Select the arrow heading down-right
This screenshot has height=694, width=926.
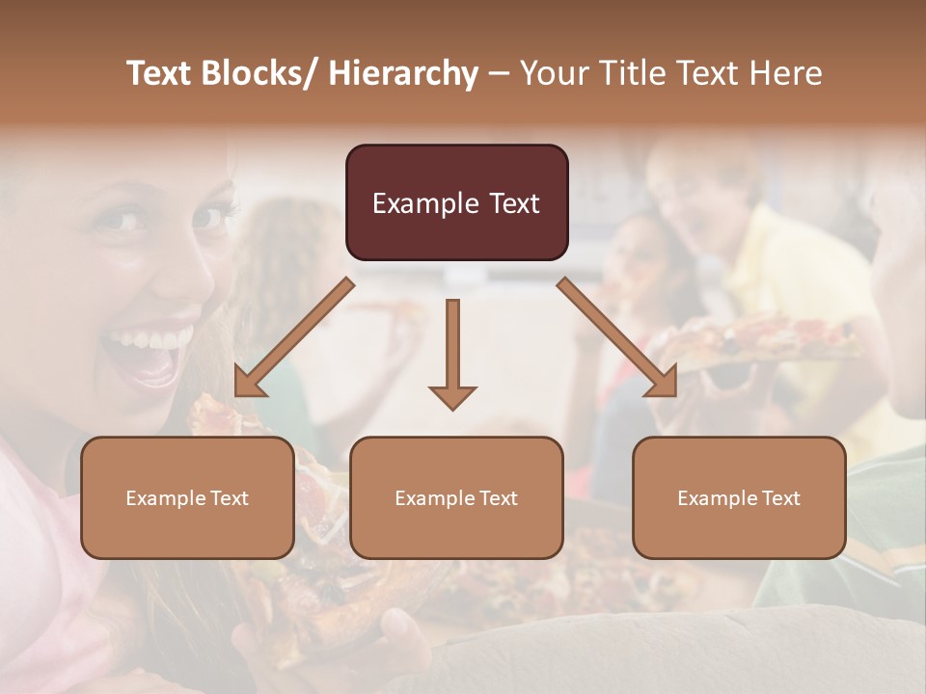click(x=617, y=337)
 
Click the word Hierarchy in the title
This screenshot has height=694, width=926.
click(x=403, y=73)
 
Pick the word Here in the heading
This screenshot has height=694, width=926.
click(x=785, y=73)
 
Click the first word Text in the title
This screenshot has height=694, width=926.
click(x=162, y=73)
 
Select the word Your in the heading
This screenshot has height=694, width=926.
click(x=553, y=73)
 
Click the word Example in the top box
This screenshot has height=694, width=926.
click(x=425, y=203)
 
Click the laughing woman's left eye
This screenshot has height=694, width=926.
click(x=124, y=221)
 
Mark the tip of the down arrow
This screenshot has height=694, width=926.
click(x=452, y=409)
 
